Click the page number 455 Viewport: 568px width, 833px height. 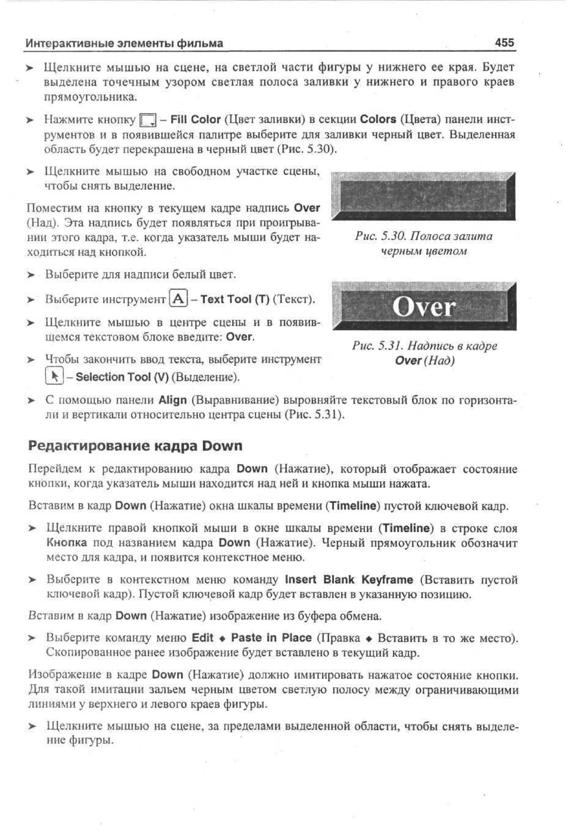pyautogui.click(x=504, y=43)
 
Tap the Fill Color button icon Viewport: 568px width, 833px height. pyautogui.click(x=148, y=120)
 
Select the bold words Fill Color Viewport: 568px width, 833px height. pyautogui.click(x=195, y=119)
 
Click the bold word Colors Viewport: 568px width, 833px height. pyautogui.click(x=378, y=119)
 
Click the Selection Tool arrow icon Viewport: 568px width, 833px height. pyautogui.click(x=54, y=376)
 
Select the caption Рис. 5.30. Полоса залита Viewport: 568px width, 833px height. pyautogui.click(x=424, y=236)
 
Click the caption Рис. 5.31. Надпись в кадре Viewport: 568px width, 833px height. pyautogui.click(x=424, y=346)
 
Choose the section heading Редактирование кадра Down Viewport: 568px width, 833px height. pyautogui.click(x=135, y=446)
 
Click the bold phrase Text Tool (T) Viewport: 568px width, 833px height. pyautogui.click(x=234, y=299)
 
